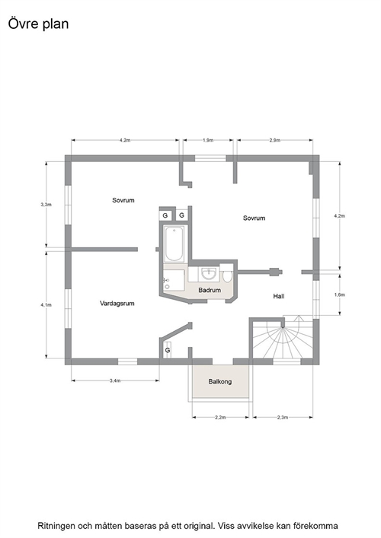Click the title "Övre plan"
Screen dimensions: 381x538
click(38, 24)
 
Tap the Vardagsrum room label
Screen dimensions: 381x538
click(117, 304)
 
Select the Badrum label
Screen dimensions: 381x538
click(210, 290)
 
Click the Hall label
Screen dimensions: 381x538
click(279, 296)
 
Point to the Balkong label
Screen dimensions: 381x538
click(220, 381)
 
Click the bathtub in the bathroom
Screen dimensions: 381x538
click(174, 244)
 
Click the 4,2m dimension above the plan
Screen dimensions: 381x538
click(125, 140)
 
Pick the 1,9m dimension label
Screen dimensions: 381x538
click(208, 140)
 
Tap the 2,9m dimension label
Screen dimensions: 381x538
click(275, 140)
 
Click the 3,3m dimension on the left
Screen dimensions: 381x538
click(46, 205)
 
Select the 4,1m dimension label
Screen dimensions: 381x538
click(46, 304)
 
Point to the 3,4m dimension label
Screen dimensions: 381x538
click(115, 380)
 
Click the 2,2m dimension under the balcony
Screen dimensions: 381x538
click(220, 418)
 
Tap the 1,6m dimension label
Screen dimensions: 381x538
click(339, 294)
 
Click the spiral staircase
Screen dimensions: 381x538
click(283, 341)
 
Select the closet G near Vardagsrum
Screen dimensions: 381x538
click(168, 350)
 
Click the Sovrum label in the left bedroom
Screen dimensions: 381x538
click(123, 200)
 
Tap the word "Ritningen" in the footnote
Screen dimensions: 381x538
click(56, 526)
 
